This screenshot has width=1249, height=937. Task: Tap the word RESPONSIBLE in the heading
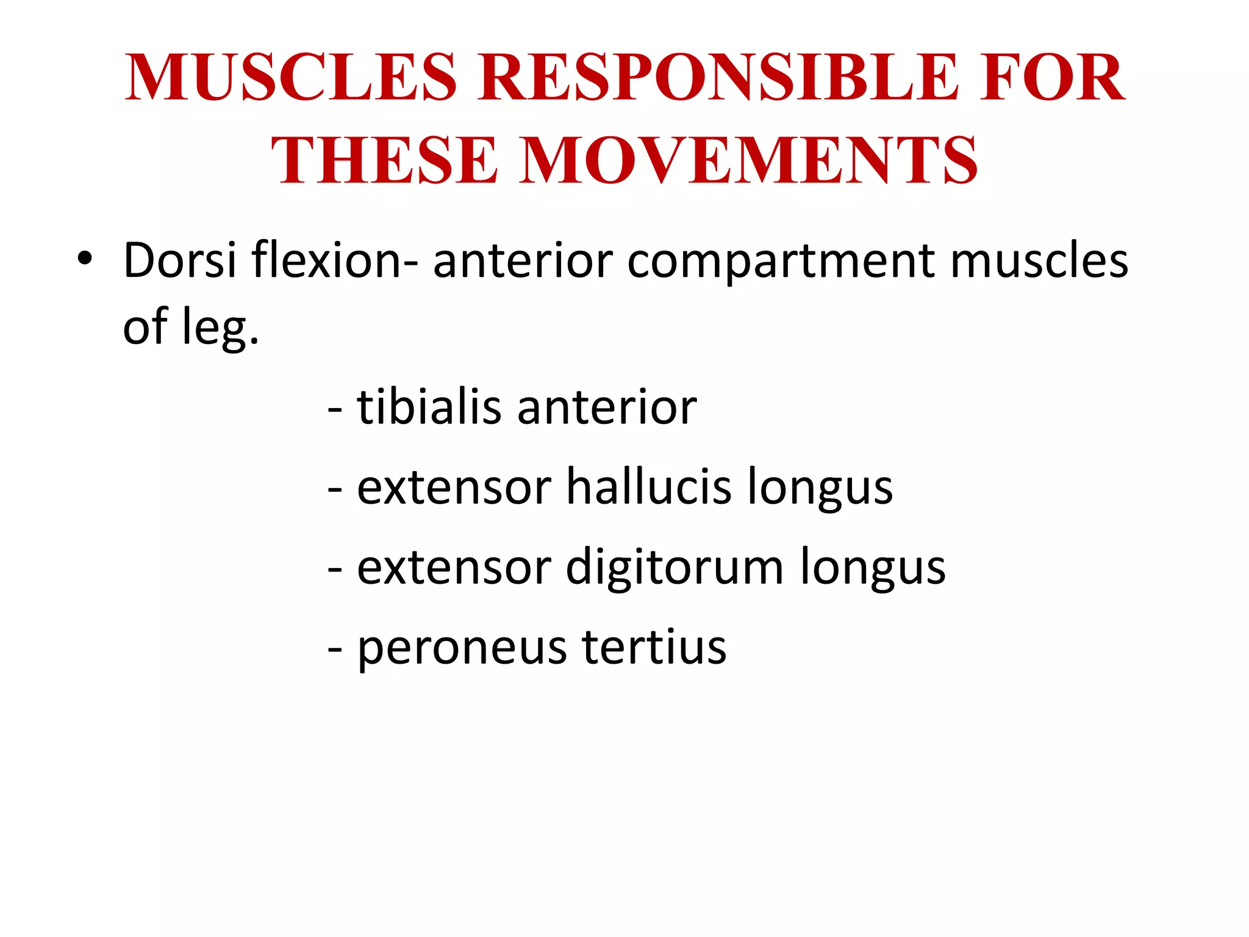(x=718, y=77)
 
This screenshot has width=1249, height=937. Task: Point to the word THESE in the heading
(x=384, y=160)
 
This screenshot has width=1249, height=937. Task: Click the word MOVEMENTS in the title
(x=748, y=160)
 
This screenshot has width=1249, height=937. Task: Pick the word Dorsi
(x=179, y=260)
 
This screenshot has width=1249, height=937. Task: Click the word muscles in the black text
(x=1039, y=260)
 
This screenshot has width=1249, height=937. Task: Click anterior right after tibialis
(x=607, y=408)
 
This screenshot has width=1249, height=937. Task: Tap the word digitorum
(x=675, y=567)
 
